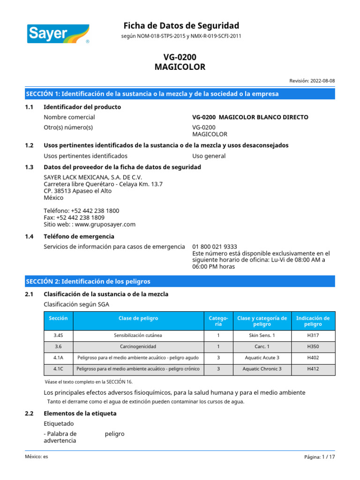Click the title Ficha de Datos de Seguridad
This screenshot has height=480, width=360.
point(181,25)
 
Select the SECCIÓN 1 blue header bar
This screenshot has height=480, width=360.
point(180,94)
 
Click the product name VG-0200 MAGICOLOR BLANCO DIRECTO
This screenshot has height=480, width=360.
point(250,117)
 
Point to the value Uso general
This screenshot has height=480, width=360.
point(209,156)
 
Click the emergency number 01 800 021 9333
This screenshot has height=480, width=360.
point(215,247)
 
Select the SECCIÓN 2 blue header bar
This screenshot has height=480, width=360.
point(180,281)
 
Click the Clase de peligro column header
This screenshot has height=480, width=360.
point(138,318)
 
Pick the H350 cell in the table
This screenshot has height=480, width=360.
point(313,347)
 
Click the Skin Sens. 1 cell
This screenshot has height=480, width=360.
point(262,336)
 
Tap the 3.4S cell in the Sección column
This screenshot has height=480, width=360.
point(58,336)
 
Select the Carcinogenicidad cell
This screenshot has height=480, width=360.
point(138,347)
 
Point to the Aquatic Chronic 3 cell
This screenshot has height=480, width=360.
point(262,369)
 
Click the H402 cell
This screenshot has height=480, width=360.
point(313,358)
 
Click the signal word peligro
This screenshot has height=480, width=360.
point(115,434)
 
